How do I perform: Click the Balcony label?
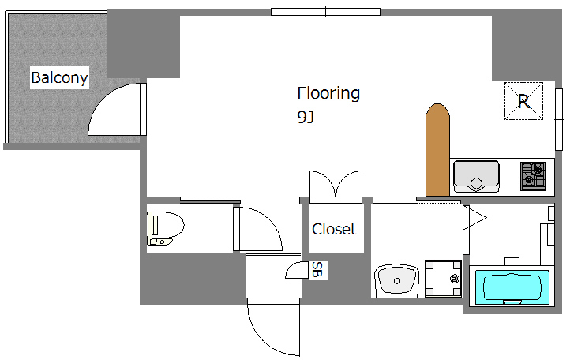pyautogui.click(x=59, y=77)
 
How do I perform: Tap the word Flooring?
pyautogui.click(x=328, y=93)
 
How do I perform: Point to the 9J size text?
pyautogui.click(x=306, y=117)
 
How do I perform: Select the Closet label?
pyautogui.click(x=334, y=229)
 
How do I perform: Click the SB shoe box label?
pyautogui.click(x=317, y=270)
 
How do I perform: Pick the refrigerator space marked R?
pyautogui.click(x=523, y=101)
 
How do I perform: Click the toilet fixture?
pyautogui.click(x=166, y=228)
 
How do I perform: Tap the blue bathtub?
pyautogui.click(x=512, y=287)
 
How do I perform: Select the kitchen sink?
pyautogui.click(x=476, y=177)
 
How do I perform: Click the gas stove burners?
pyautogui.click(x=533, y=176)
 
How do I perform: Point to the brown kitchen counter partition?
pyautogui.click(x=437, y=150)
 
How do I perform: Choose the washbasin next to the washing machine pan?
pyautogui.click(x=396, y=281)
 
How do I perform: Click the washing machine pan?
pyautogui.click(x=444, y=278)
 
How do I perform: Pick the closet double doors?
pyautogui.click(x=336, y=186)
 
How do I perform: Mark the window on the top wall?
pyautogui.click(x=326, y=12)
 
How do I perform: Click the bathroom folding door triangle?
pyautogui.click(x=473, y=220)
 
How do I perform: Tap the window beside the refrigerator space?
pyautogui.click(x=559, y=119)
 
